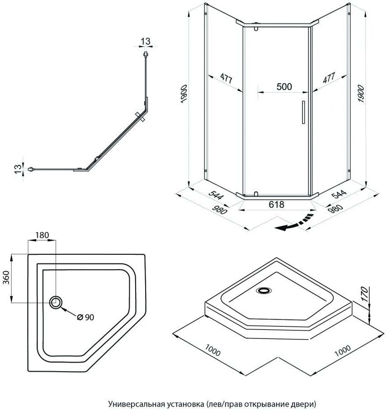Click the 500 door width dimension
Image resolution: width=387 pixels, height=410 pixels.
point(284,87)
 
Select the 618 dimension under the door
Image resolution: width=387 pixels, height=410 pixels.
point(276,205)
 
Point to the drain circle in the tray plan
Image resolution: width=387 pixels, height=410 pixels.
point(56,302)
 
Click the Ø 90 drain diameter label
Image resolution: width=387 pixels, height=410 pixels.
point(85,317)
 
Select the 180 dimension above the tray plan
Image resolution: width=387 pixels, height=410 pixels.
point(42,236)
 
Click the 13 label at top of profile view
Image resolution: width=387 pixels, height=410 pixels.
point(145,42)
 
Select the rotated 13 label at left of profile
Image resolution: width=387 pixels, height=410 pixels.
point(18,169)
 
